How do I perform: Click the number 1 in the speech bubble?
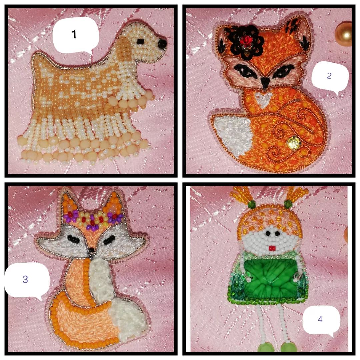click(x=74, y=34)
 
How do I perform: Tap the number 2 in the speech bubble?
click(x=329, y=76)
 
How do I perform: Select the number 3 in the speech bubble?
click(x=25, y=279)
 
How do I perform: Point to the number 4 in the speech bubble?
click(x=320, y=319)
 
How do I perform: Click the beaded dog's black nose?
click(x=162, y=44)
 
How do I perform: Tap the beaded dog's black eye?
click(x=140, y=41)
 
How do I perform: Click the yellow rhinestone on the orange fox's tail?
click(x=293, y=142)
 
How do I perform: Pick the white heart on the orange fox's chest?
click(x=262, y=99)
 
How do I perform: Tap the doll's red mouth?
click(x=272, y=248)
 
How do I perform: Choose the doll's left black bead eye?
click(x=268, y=233)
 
